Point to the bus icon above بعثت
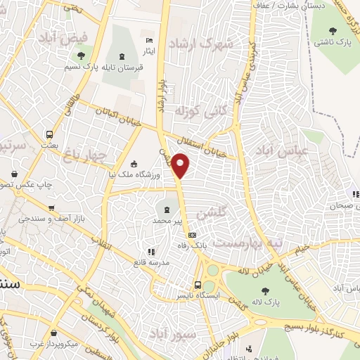coord(49,134)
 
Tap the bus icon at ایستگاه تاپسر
coord(198,285)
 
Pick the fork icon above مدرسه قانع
coord(149,252)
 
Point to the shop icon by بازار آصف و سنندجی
coord(51,209)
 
